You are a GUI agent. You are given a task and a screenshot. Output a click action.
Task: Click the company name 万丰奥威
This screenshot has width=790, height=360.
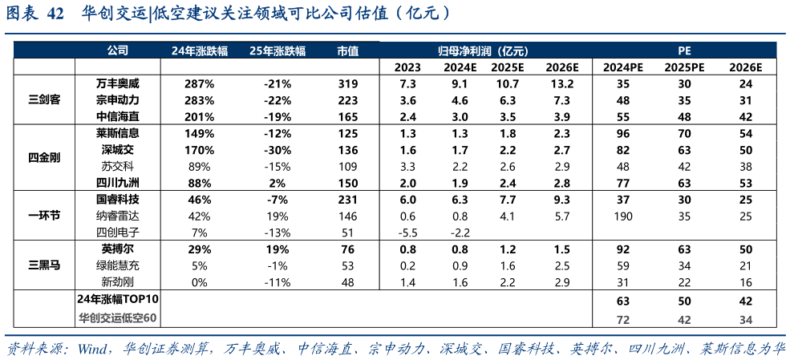tap(117, 83)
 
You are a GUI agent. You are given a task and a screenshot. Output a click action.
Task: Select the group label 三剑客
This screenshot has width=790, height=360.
tap(44, 100)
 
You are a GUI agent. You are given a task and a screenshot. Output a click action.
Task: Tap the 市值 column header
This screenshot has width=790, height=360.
tap(347, 50)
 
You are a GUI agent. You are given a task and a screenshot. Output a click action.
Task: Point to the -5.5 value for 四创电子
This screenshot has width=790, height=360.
tap(407, 233)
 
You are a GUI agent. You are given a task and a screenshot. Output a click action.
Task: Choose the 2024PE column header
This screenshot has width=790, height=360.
tap(624, 67)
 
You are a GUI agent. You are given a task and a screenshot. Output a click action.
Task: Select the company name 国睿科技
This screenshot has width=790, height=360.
tap(117, 199)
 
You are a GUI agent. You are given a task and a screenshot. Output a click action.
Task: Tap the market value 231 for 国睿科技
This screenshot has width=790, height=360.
tap(347, 199)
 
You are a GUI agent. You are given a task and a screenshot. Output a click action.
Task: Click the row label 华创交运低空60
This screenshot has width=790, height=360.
tap(117, 318)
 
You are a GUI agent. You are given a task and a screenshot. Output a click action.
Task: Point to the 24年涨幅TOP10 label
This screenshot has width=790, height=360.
tap(117, 299)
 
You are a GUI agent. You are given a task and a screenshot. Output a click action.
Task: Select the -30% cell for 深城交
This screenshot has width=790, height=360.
tap(278, 149)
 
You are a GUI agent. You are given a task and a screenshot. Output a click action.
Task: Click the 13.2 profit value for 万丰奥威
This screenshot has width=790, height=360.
tap(562, 83)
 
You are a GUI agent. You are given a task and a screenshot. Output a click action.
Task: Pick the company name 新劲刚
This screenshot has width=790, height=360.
tap(117, 282)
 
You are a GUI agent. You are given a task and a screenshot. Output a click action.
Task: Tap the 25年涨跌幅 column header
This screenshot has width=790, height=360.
tap(278, 50)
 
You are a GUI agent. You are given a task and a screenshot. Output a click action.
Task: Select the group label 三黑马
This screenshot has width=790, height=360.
tap(44, 265)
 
